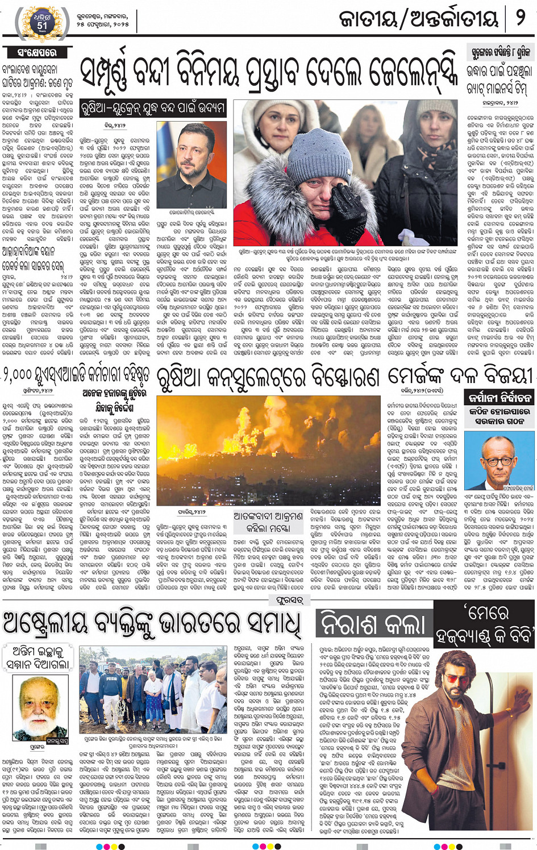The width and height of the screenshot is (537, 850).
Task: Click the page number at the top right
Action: tap(521, 19)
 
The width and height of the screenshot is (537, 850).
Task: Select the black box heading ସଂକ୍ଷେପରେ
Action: tap(38, 52)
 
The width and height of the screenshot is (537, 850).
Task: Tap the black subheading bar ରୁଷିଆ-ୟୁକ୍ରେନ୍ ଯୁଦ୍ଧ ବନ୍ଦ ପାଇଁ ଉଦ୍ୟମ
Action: tap(153, 107)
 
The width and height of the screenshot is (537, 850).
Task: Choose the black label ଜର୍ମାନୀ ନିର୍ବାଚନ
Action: tap(499, 397)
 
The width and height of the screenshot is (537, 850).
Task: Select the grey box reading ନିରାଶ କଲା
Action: tap(373, 624)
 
